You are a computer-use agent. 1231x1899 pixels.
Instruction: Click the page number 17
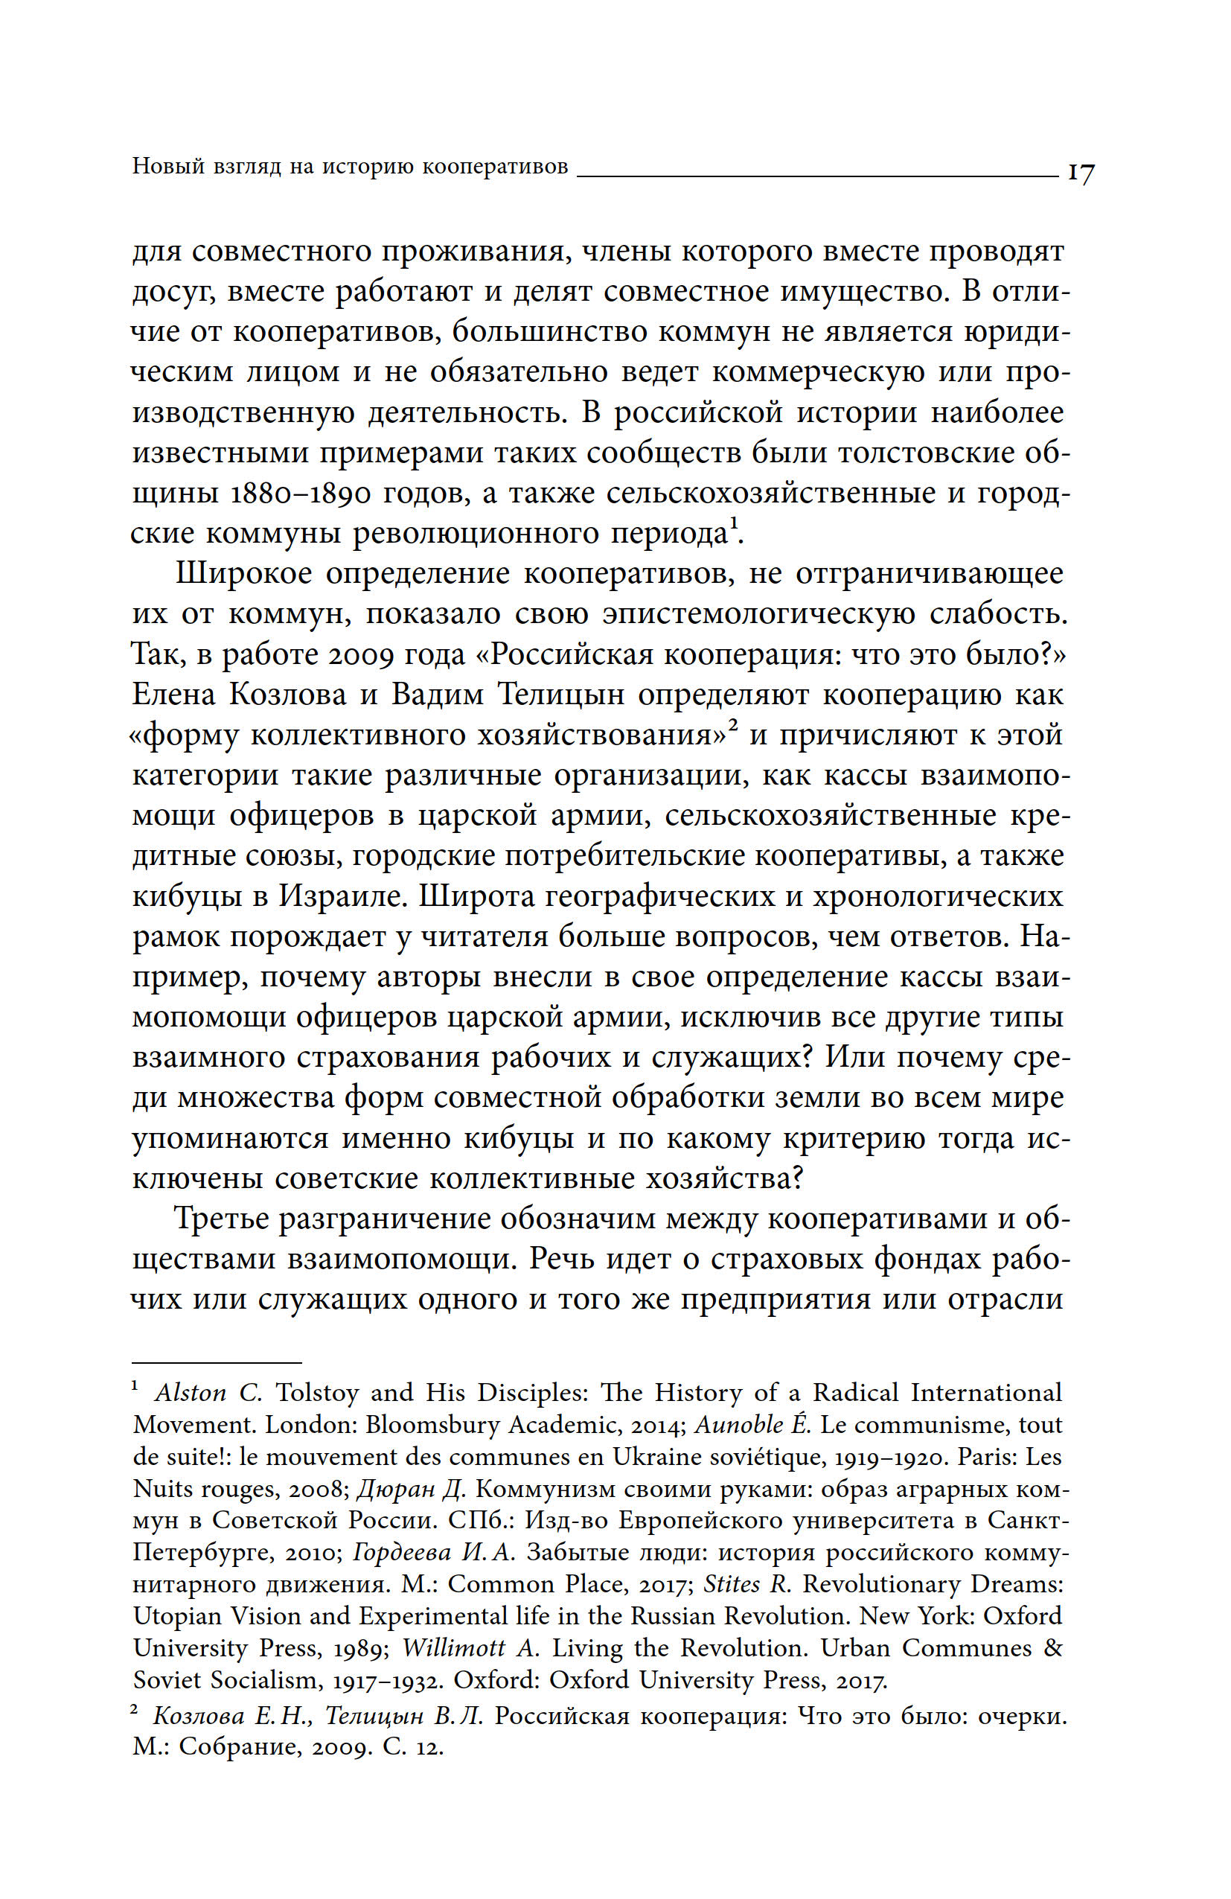[x=1081, y=173]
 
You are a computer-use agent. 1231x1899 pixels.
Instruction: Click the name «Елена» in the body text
[x=173, y=695]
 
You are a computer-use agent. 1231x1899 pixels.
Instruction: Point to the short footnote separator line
[x=216, y=1362]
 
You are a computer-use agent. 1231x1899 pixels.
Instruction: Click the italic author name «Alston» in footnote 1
[x=191, y=1393]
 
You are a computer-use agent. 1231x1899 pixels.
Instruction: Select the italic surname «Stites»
[x=732, y=1585]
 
